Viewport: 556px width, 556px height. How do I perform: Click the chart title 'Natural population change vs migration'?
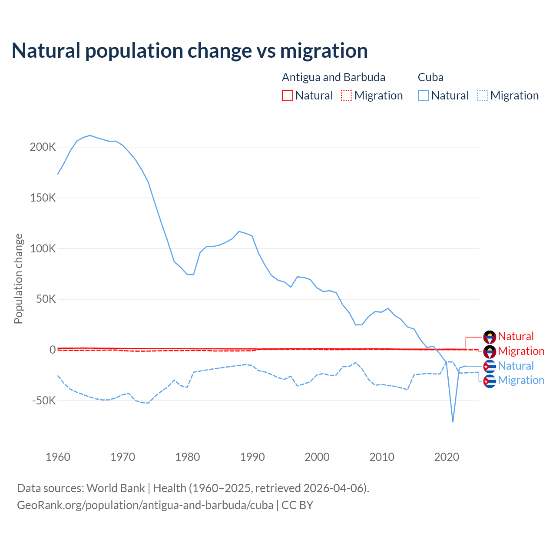190,51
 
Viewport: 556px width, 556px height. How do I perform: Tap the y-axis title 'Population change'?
18,278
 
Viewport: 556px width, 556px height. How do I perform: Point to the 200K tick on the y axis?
43,147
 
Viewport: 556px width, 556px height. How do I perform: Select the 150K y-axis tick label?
43,198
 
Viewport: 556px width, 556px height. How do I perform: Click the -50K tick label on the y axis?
44,400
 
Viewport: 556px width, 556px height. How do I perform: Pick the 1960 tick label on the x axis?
58,457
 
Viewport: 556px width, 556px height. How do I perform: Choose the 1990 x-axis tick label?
252,457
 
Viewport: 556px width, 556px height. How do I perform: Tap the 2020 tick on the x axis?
447,457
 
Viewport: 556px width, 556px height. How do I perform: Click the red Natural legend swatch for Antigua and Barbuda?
288,96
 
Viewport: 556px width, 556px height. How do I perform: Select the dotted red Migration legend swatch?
347,96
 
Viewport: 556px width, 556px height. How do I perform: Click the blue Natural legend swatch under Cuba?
424,96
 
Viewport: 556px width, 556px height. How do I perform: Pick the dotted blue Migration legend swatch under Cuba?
483,96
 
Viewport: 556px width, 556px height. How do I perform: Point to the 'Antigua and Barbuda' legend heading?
334,77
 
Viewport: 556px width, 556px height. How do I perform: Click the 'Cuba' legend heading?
430,77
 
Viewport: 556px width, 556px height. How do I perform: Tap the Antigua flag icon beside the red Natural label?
490,337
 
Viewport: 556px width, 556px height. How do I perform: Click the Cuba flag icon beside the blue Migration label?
490,381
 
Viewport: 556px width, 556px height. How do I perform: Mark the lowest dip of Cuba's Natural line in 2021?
453,422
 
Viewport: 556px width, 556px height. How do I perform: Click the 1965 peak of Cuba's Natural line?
90,135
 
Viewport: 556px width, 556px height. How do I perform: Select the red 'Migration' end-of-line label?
521,351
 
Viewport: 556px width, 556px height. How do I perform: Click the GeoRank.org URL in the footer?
145,505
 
